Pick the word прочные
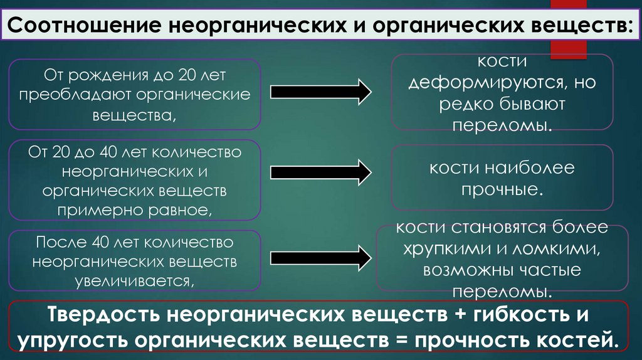click(502, 189)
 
